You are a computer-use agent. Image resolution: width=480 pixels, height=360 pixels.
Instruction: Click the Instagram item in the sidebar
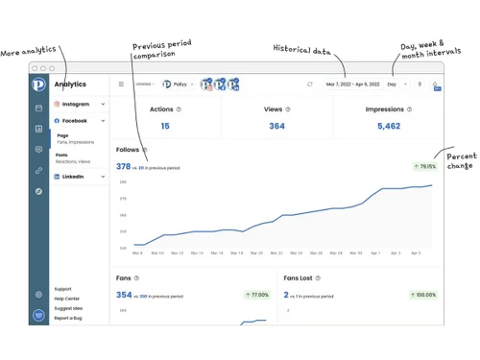click(x=76, y=104)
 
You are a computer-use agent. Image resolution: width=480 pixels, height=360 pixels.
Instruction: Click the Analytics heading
click(x=70, y=84)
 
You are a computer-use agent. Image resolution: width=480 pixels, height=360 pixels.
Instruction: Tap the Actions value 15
click(x=165, y=126)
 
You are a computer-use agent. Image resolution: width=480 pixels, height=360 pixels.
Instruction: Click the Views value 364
click(x=276, y=126)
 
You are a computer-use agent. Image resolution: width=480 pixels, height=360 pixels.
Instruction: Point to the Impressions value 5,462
click(x=389, y=126)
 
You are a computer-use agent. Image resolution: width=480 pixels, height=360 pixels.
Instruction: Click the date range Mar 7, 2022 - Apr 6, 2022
click(x=352, y=84)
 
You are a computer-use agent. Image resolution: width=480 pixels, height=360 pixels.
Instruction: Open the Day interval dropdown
click(x=396, y=84)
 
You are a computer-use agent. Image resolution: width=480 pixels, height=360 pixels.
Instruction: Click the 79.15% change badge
click(x=423, y=166)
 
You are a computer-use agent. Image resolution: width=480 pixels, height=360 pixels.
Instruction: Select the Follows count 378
click(x=123, y=166)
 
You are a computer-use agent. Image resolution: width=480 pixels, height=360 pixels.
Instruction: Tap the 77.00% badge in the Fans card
click(x=257, y=295)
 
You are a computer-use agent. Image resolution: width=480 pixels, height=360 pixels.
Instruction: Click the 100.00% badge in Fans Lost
click(x=422, y=295)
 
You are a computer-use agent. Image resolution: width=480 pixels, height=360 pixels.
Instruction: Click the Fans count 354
click(x=124, y=295)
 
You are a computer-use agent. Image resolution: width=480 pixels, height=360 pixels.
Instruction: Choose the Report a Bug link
click(x=68, y=318)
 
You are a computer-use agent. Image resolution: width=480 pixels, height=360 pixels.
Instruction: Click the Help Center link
click(x=67, y=299)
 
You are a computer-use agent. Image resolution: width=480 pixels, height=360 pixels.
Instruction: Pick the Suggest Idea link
click(x=68, y=308)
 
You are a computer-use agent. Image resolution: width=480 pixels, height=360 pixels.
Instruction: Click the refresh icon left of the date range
click(x=309, y=84)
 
